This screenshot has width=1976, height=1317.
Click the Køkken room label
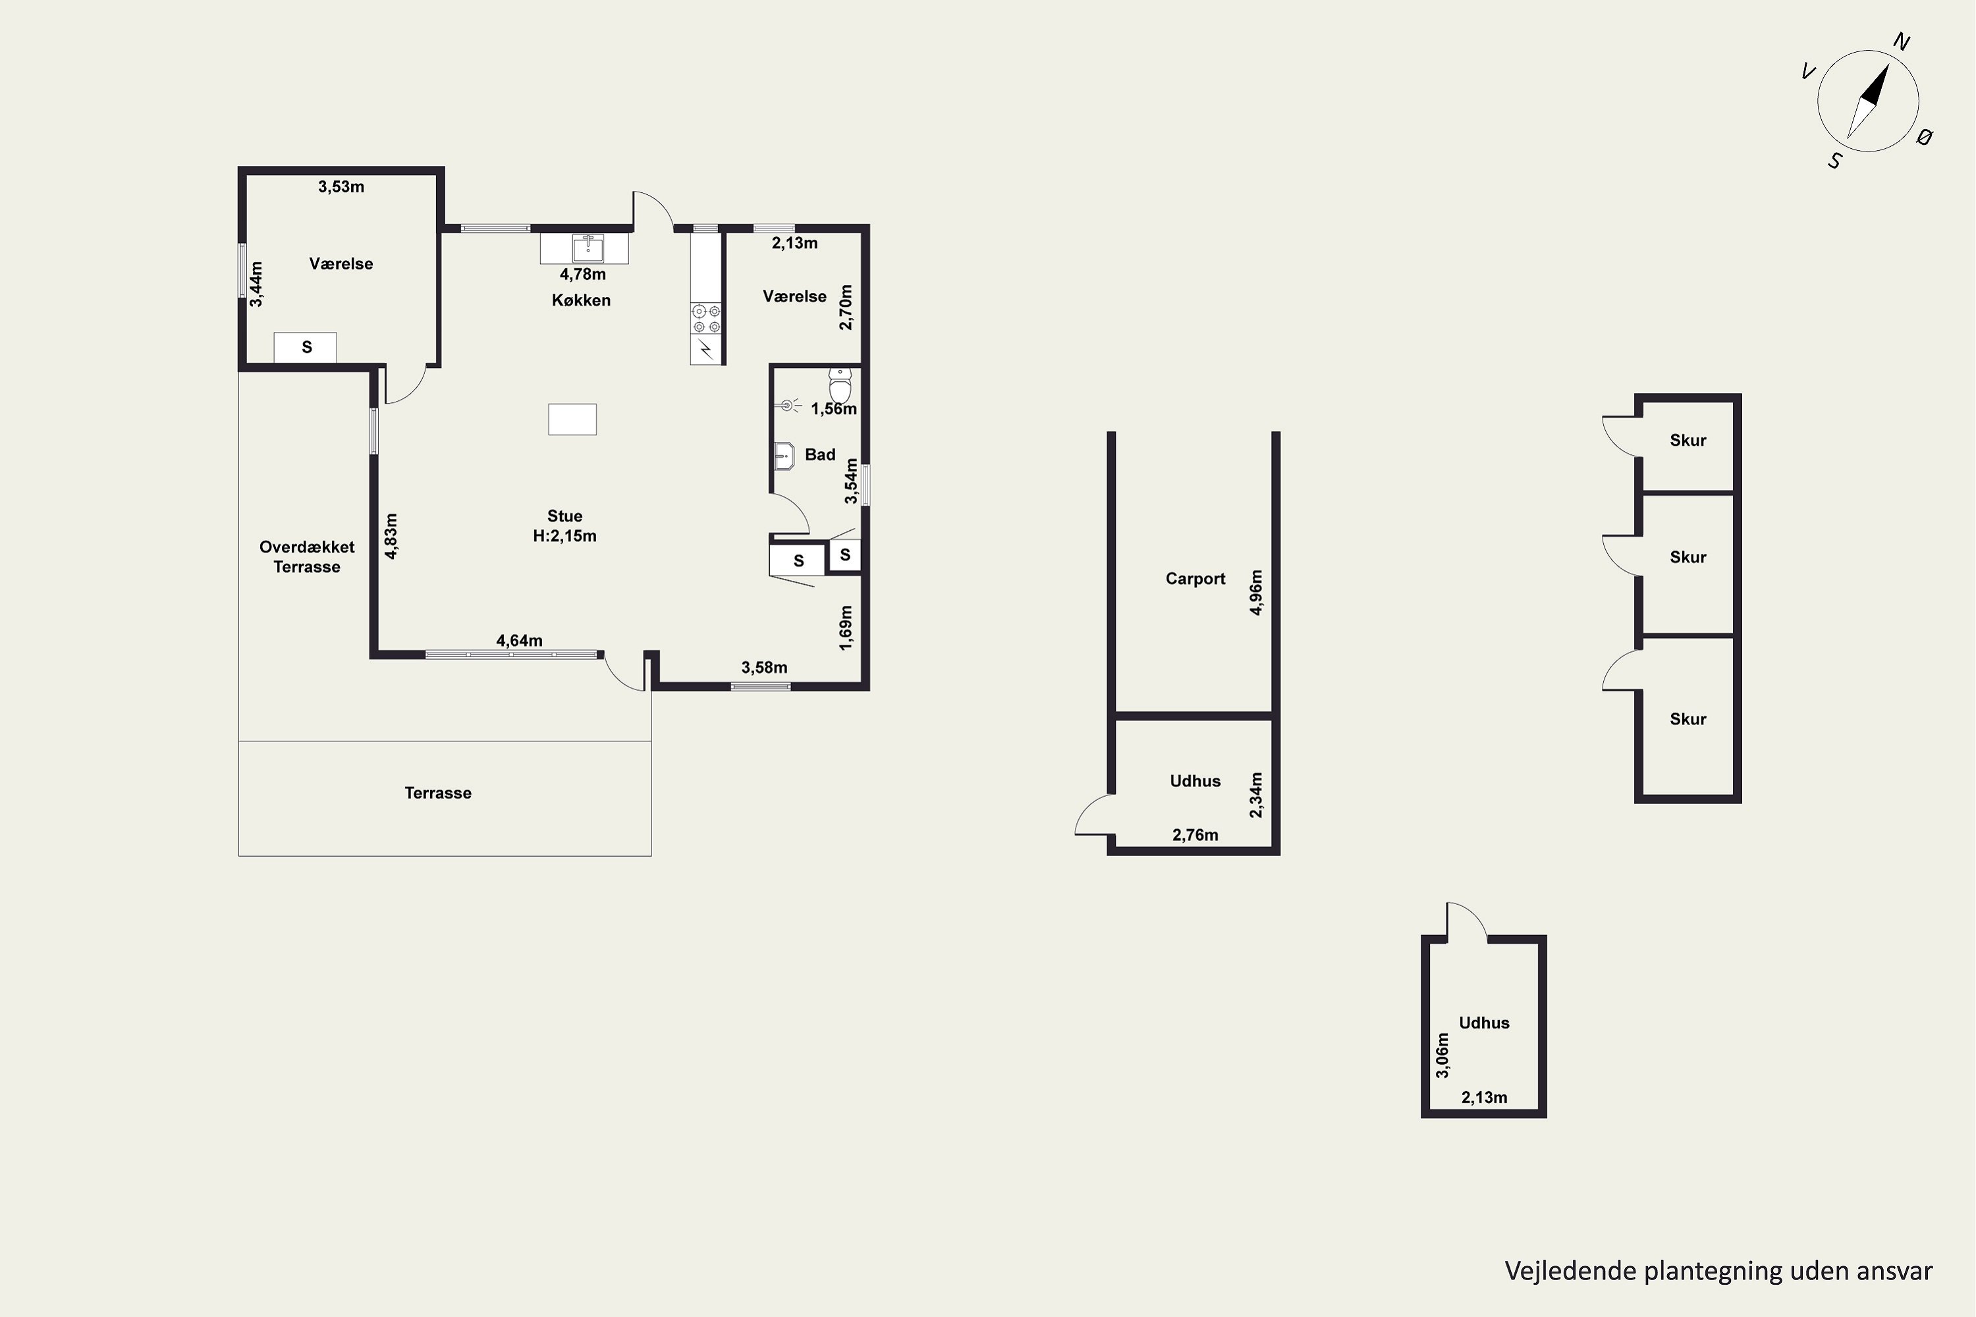pos(580,300)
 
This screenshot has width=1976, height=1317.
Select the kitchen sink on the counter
pos(588,248)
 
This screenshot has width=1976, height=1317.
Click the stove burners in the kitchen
pos(705,319)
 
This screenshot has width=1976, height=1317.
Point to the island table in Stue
pos(572,419)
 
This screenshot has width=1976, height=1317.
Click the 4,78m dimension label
pos(582,274)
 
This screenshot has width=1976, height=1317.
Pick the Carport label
pos(1195,578)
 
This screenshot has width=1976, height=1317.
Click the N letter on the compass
pos(1901,42)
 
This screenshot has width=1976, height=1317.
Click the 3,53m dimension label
pos(341,186)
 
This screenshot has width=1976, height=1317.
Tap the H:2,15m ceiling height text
pos(564,536)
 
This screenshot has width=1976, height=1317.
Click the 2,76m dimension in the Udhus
pos(1195,834)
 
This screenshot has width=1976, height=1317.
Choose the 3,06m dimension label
pos(1442,1056)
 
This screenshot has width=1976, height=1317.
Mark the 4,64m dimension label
pos(519,640)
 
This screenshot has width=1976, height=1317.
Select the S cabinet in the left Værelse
pos(305,347)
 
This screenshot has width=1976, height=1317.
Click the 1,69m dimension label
pos(845,628)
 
